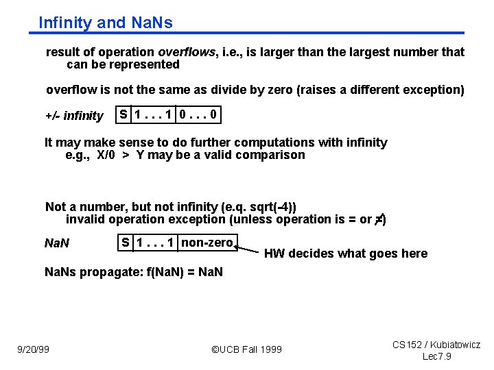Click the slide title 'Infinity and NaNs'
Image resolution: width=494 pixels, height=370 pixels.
point(106,23)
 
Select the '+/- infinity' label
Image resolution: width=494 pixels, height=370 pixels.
point(74,116)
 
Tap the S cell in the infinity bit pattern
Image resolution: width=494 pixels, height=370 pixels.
point(123,114)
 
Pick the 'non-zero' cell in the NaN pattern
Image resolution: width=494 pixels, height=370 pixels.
point(207,242)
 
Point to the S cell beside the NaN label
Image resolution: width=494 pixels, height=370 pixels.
point(126,242)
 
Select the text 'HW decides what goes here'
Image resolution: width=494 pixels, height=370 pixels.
point(345,254)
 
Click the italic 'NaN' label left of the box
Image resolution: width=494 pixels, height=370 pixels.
point(56,243)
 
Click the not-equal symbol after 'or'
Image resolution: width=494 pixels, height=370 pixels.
point(379,219)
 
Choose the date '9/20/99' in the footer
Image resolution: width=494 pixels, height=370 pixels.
point(33,349)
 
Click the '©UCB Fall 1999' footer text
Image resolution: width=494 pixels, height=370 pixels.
point(246,349)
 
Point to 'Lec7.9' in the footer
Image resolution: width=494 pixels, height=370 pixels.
point(436,357)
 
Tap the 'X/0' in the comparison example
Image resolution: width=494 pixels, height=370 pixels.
point(106,155)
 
